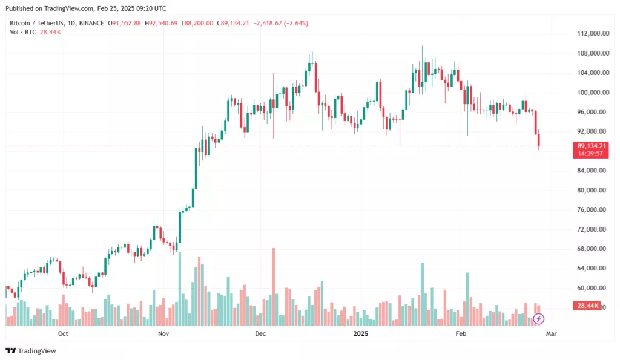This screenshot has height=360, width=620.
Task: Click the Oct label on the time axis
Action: [x=62, y=333]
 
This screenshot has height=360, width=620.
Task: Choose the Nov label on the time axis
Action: [x=163, y=333]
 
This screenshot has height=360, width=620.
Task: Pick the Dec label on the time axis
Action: [x=260, y=333]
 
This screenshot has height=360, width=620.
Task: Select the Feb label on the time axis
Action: [x=461, y=333]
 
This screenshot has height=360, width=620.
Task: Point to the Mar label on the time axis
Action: [x=552, y=333]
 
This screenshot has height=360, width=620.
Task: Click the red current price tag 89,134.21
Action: [x=592, y=146]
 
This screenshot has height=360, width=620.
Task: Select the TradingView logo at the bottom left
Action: [x=31, y=350]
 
